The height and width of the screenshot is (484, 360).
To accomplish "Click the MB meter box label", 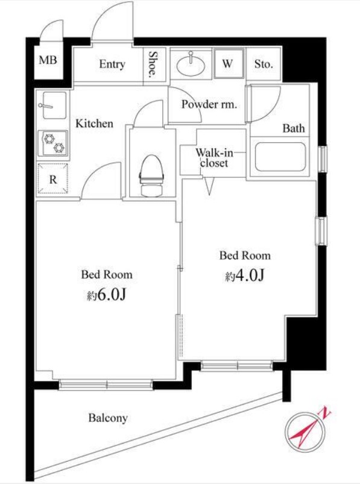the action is click(48, 60).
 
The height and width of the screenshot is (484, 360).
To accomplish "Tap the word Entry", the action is click(112, 64).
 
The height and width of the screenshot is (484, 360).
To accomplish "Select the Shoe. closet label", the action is click(152, 64).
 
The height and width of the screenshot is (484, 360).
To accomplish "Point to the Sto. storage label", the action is click(264, 64).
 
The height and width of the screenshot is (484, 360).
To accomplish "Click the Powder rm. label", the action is click(209, 104).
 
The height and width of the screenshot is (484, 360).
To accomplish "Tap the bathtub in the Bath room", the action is click(280, 157).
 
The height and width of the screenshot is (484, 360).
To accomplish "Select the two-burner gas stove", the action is click(53, 143).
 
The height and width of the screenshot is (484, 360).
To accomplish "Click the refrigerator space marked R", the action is click(53, 179).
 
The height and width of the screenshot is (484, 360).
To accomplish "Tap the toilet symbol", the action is click(151, 175).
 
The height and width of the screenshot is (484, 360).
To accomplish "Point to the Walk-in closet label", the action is click(214, 158).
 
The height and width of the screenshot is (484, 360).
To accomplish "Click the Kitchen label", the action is click(95, 124).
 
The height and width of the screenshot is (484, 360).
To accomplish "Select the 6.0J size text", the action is click(107, 295).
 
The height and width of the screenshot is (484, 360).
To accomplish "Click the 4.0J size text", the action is click(245, 275).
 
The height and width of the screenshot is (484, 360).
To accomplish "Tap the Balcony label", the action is click(108, 418).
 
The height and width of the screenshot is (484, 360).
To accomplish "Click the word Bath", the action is click(294, 128).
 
